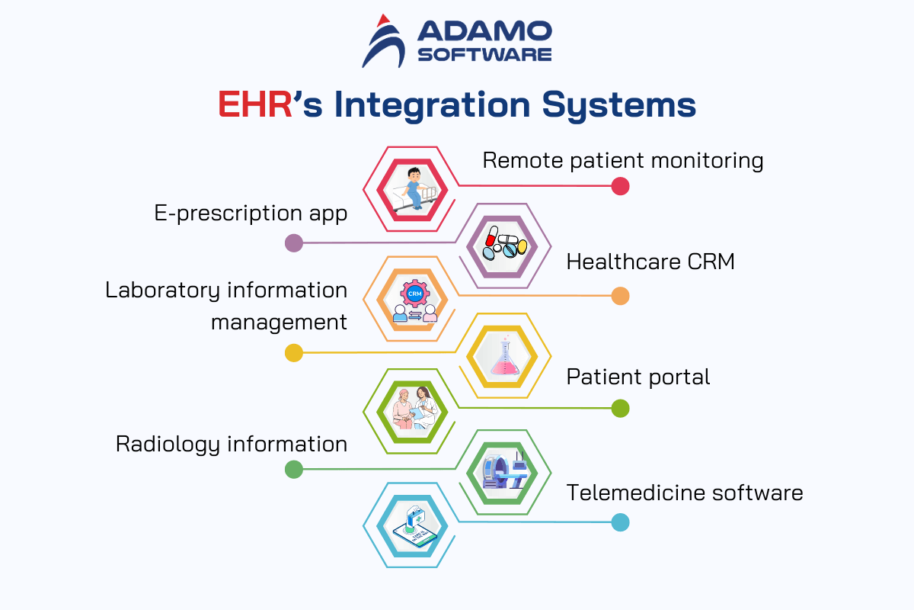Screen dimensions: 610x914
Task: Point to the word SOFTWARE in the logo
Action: [484, 54]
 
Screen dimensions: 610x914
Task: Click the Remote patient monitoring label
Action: [623, 160]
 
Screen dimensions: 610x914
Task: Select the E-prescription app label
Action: [251, 213]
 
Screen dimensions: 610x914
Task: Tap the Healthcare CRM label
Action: [650, 262]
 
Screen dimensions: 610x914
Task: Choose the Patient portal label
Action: [638, 377]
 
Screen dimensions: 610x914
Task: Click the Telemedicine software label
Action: [685, 493]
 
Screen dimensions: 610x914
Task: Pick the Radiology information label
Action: [231, 444]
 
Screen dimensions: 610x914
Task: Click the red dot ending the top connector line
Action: [620, 186]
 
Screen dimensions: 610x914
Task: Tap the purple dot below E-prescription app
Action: [293, 243]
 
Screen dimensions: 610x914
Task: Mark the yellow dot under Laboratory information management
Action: [293, 353]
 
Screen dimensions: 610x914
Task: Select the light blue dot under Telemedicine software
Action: [620, 522]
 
